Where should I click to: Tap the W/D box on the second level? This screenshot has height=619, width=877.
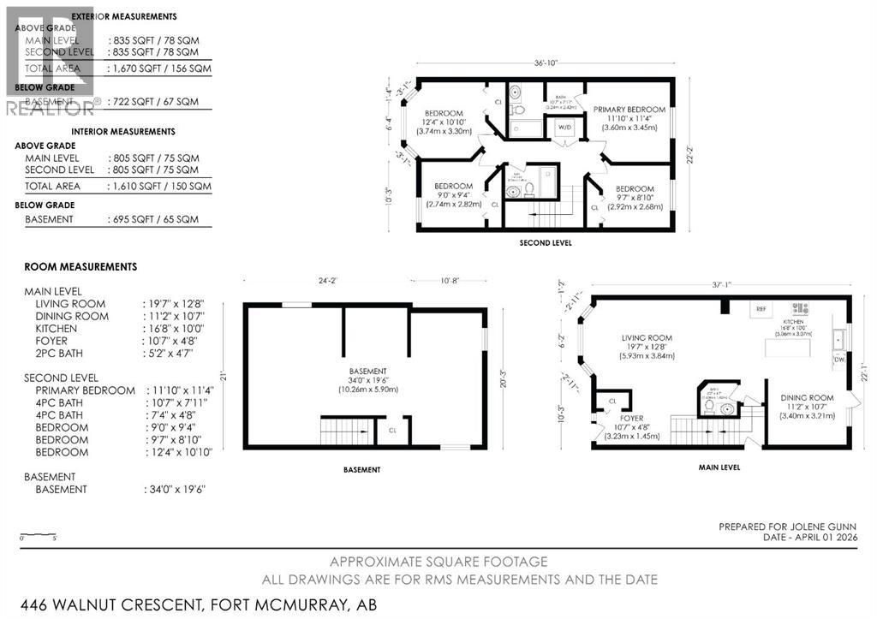[565, 128]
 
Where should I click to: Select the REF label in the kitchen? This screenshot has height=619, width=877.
[759, 309]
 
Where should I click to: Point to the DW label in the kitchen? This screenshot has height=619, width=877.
[838, 360]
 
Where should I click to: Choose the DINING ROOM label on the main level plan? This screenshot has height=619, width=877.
[806, 397]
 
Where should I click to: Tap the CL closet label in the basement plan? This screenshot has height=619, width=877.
[391, 431]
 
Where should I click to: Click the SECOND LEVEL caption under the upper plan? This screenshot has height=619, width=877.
[546, 243]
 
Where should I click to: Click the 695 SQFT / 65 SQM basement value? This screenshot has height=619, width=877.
[155, 219]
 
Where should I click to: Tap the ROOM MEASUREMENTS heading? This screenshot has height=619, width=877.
[81, 267]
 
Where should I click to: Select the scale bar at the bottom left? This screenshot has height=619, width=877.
[38, 535]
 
